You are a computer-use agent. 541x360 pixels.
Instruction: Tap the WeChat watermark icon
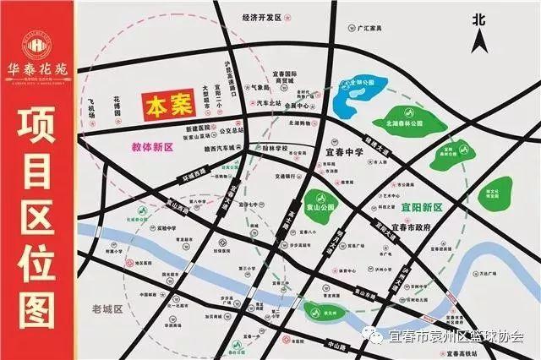[373, 336]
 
